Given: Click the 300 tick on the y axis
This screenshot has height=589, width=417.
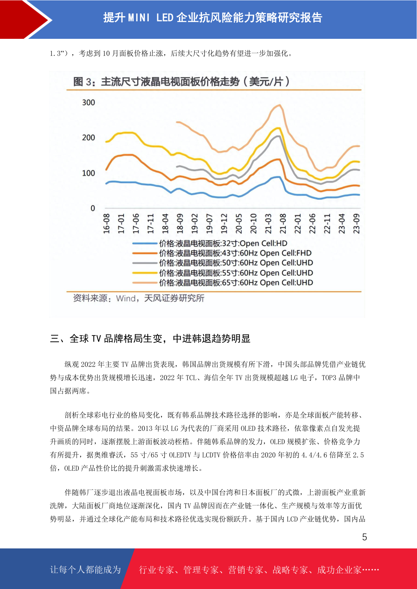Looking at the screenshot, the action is (89, 102).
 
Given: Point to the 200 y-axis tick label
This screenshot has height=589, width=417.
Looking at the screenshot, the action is (89, 137).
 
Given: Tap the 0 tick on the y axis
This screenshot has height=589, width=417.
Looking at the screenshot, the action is (93, 208).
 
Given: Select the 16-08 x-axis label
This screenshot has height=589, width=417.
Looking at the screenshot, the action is (106, 223).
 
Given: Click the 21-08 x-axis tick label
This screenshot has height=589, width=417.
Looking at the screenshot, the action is (283, 223).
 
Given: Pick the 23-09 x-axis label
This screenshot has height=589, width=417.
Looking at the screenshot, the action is (356, 223).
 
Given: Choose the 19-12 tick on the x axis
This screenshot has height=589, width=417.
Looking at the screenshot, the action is (224, 223).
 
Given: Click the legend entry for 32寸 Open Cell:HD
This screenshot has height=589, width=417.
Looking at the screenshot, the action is (210, 243).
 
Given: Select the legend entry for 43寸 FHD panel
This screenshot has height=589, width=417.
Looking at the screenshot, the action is (222, 253).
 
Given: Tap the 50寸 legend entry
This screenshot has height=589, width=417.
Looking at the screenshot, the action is (223, 263).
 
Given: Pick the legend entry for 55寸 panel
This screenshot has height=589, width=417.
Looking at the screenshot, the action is (223, 273).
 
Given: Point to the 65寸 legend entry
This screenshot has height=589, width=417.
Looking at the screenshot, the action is (223, 283).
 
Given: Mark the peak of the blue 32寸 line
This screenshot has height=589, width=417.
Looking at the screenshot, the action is (279, 177).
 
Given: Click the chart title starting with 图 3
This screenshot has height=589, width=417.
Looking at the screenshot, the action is (181, 82).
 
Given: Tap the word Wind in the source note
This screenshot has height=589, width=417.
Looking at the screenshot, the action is (126, 298).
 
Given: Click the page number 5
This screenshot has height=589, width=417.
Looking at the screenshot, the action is (364, 537).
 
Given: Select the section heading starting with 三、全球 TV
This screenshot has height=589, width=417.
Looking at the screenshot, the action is (150, 339).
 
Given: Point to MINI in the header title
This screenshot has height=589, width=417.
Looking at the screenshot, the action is (139, 18).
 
